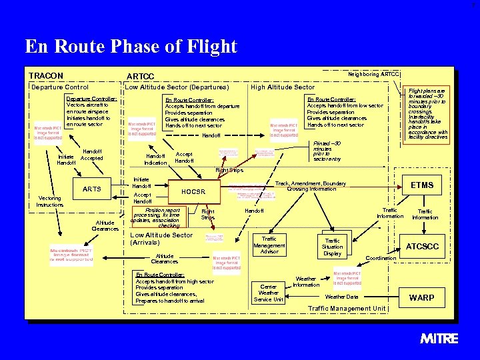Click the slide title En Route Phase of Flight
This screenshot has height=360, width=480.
click(x=131, y=47)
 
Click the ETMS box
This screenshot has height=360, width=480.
click(x=422, y=185)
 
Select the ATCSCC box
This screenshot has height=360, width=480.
click(x=423, y=247)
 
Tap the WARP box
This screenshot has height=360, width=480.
click(x=423, y=297)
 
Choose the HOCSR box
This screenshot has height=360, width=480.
click(x=194, y=192)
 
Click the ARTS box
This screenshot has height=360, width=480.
click(x=92, y=189)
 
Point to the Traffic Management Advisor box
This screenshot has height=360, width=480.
click(x=269, y=245)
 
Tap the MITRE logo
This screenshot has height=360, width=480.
click(x=439, y=339)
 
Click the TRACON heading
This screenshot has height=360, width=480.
click(x=46, y=76)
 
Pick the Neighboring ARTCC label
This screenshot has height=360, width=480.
click(x=373, y=74)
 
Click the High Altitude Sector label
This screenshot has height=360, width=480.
click(x=282, y=87)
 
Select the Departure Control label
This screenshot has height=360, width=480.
click(x=60, y=87)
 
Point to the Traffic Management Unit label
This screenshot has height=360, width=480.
click(x=347, y=309)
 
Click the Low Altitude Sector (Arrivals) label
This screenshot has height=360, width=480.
click(x=161, y=239)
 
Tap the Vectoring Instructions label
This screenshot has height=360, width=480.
click(x=51, y=201)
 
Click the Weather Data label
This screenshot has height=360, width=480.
click(x=341, y=297)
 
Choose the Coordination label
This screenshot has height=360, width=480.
click(x=382, y=258)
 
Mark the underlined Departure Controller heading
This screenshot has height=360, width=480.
click(x=92, y=99)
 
